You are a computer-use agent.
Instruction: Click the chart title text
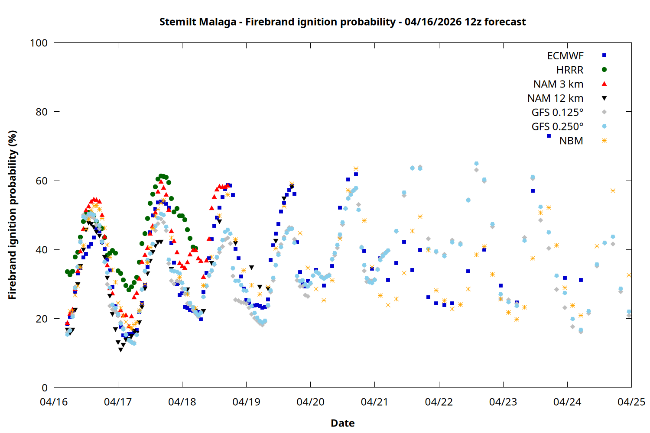coord(342,22)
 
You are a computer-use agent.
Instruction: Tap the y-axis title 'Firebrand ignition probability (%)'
coord(13,215)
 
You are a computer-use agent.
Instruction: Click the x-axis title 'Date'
coord(342,423)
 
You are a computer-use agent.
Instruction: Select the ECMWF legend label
coord(565,56)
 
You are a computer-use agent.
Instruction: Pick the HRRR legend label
coord(570,70)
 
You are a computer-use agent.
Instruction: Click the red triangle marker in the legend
coord(604,84)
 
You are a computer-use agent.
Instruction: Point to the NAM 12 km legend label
coord(555,98)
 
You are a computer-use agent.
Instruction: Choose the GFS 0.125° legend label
coord(557,113)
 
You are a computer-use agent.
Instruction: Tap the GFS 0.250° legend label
coord(557,127)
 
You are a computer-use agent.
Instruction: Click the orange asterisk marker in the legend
coord(604,141)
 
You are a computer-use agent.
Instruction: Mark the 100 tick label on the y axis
coord(39,43)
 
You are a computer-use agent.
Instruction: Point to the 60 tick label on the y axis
coord(42,181)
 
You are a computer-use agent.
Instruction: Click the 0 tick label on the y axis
coord(45,388)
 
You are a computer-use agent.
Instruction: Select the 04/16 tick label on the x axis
coord(54,402)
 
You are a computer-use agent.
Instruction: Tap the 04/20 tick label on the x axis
coord(310,402)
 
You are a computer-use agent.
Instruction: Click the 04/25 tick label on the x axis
coord(631,402)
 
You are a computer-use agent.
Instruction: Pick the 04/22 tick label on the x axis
coord(439,402)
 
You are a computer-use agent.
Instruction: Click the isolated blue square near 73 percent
coord(549,136)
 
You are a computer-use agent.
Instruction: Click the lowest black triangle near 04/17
coord(120,349)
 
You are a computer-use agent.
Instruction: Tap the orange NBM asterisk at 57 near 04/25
coord(613,191)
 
